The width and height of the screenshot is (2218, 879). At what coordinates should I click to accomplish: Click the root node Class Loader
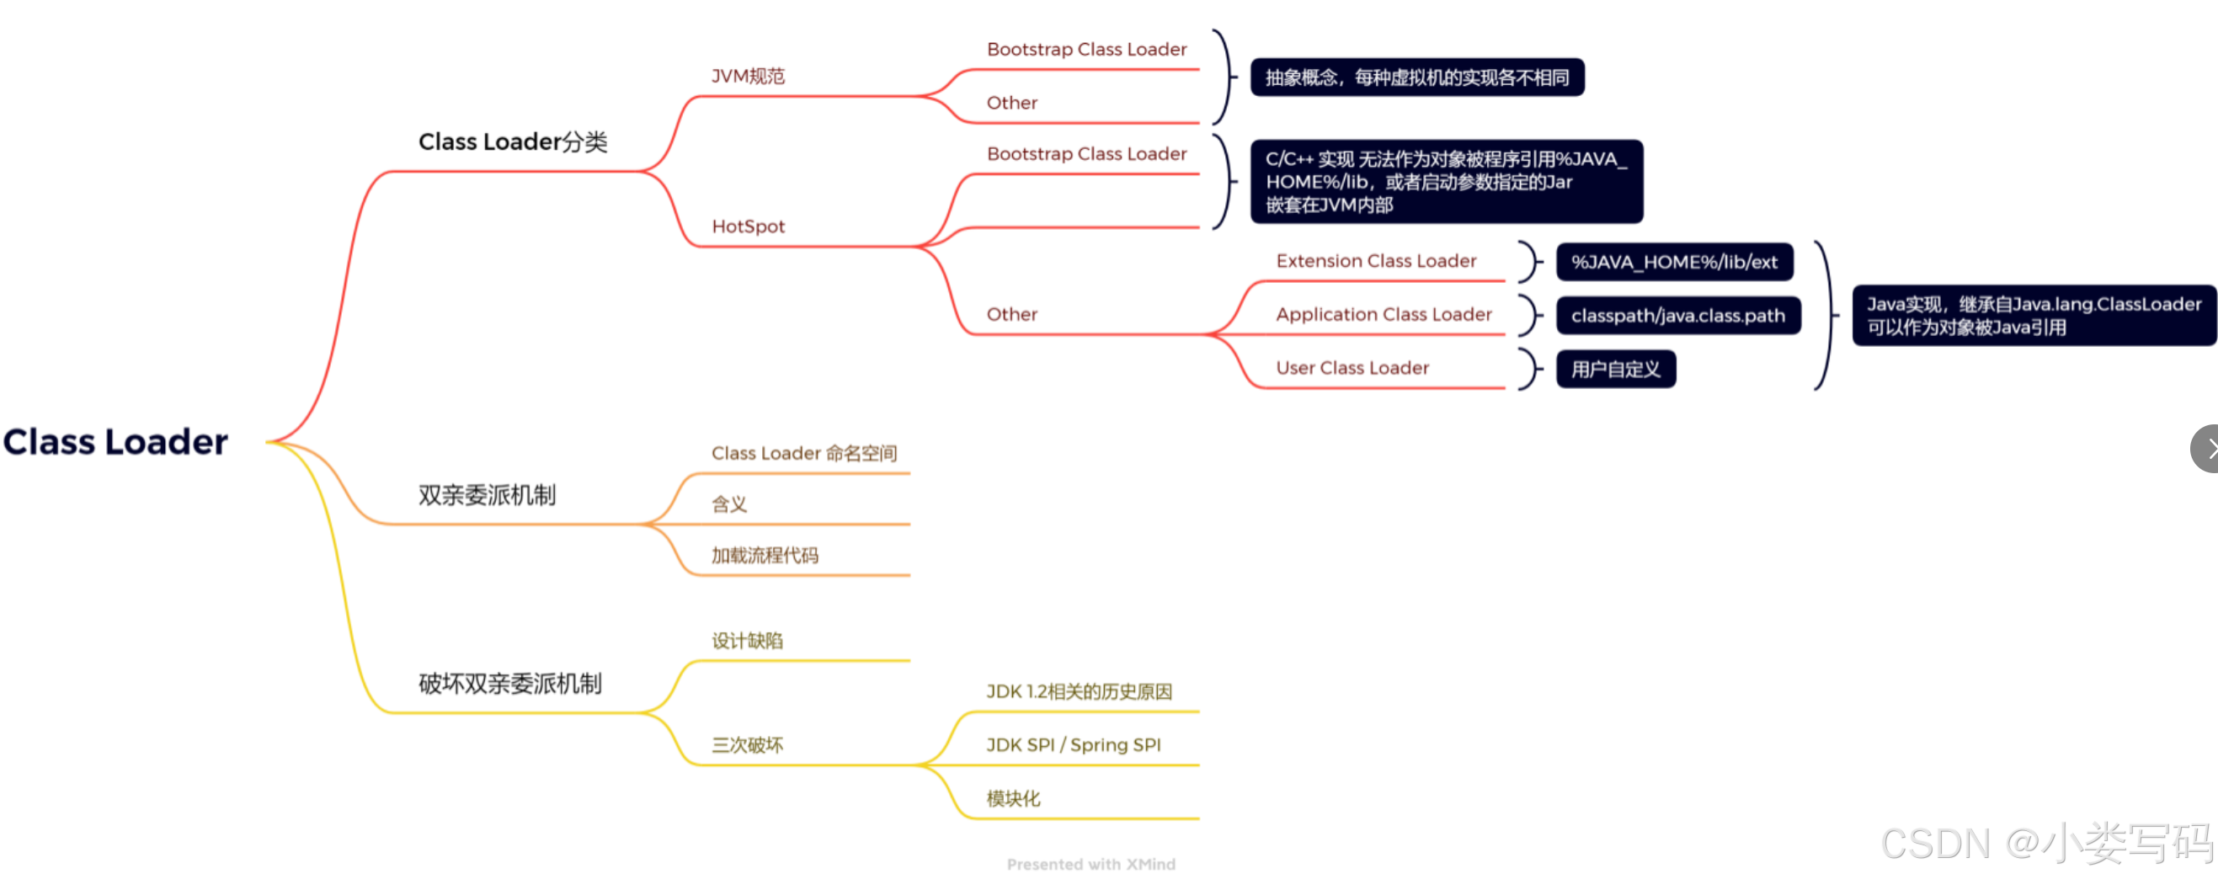click(115, 442)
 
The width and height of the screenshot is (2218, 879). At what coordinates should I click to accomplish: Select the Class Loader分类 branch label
click(512, 141)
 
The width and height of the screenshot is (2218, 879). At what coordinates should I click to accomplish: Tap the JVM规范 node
click(748, 77)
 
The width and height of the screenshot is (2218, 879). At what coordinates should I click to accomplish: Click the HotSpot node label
click(748, 226)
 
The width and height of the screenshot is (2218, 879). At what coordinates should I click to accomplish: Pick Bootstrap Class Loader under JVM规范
click(1085, 50)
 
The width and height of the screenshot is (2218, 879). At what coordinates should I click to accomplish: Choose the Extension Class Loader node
click(1375, 261)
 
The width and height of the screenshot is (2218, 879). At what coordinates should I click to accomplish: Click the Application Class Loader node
click(1383, 314)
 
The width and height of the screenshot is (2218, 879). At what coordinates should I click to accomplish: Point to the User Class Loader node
click(1352, 368)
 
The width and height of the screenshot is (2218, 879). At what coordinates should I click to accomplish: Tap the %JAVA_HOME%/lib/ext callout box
click(1673, 263)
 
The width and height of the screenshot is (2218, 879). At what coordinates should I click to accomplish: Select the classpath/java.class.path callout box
click(1677, 316)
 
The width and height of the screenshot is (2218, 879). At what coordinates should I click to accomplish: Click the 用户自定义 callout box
click(1615, 370)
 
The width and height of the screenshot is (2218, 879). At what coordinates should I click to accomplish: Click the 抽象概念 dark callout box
click(1416, 77)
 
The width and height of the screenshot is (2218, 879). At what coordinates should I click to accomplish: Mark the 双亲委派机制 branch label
click(487, 495)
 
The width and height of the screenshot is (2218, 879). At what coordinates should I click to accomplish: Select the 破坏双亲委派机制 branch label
click(509, 684)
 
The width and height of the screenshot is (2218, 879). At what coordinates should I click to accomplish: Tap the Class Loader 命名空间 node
click(803, 453)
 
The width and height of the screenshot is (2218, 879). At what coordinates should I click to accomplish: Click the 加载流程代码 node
click(765, 556)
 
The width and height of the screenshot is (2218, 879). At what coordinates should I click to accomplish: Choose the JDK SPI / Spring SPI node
click(1073, 744)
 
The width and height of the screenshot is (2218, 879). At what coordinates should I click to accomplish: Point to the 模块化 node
click(1012, 798)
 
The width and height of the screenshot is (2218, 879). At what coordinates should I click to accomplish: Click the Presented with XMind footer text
click(1090, 864)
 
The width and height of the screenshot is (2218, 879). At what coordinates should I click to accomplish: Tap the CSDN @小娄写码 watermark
click(2045, 843)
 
